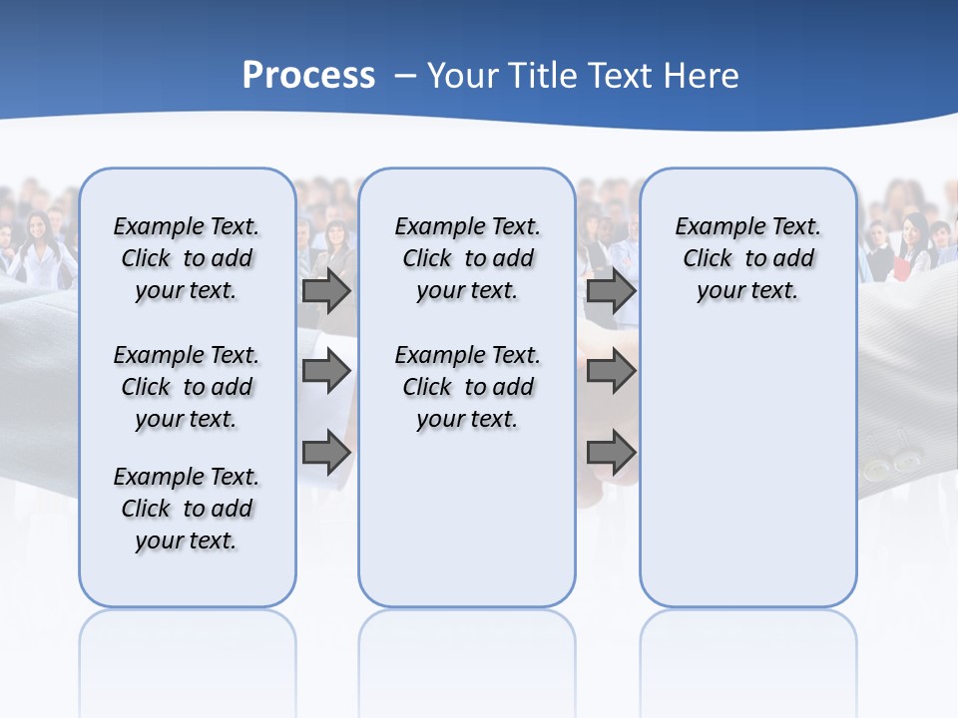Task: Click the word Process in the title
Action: pos(308,76)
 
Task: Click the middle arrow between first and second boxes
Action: pos(326,372)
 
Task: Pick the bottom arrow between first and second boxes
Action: pos(326,453)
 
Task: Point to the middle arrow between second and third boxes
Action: pos(611,372)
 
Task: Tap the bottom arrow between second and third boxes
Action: pos(611,453)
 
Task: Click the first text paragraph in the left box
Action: pos(187,258)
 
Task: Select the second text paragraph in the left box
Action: pos(187,387)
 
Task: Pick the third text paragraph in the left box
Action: pos(187,509)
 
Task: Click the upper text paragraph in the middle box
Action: pos(467,258)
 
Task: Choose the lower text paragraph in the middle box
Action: pos(467,387)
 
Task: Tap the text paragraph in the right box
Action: pos(747,258)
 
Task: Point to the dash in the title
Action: pos(404,76)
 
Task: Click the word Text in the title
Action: pos(621,76)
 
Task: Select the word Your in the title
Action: pos(463,76)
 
